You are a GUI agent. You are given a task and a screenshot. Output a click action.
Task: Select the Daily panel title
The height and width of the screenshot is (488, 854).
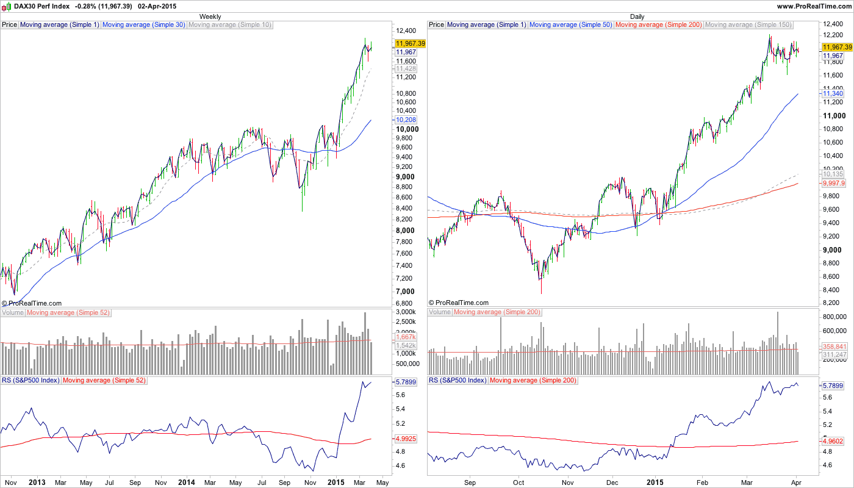tap(636, 16)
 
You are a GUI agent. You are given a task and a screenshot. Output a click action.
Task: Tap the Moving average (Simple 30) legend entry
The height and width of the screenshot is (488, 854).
tap(144, 25)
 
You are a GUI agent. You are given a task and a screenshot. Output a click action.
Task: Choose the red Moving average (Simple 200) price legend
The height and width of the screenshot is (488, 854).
tap(659, 25)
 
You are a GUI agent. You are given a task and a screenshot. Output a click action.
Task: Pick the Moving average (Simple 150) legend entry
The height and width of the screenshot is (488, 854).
tap(748, 25)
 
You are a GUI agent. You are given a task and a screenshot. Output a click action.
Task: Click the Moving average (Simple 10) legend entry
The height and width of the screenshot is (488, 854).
tap(230, 25)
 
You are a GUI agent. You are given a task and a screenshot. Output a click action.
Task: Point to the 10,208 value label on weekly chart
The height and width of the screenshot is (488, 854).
tap(406, 120)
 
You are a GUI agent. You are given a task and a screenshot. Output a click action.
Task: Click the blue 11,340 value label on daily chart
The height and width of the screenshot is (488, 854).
tap(833, 93)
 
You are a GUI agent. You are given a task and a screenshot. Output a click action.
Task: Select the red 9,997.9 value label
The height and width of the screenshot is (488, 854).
tap(834, 183)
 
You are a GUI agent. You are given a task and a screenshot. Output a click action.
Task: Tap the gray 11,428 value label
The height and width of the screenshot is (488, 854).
tap(406, 69)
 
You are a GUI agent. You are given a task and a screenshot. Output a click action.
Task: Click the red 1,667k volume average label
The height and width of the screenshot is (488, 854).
tap(406, 337)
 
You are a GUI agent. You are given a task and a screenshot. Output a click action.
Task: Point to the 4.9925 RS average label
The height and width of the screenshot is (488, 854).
tap(406, 438)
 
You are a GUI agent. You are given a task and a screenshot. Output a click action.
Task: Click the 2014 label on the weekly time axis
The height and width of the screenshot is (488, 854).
tap(187, 482)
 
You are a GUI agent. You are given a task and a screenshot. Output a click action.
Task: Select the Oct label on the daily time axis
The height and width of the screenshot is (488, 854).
tap(519, 482)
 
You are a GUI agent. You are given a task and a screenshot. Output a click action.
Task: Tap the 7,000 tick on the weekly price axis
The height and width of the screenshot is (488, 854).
tap(405, 292)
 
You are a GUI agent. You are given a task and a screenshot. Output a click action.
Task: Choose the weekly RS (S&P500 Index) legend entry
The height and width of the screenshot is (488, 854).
tap(30, 381)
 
